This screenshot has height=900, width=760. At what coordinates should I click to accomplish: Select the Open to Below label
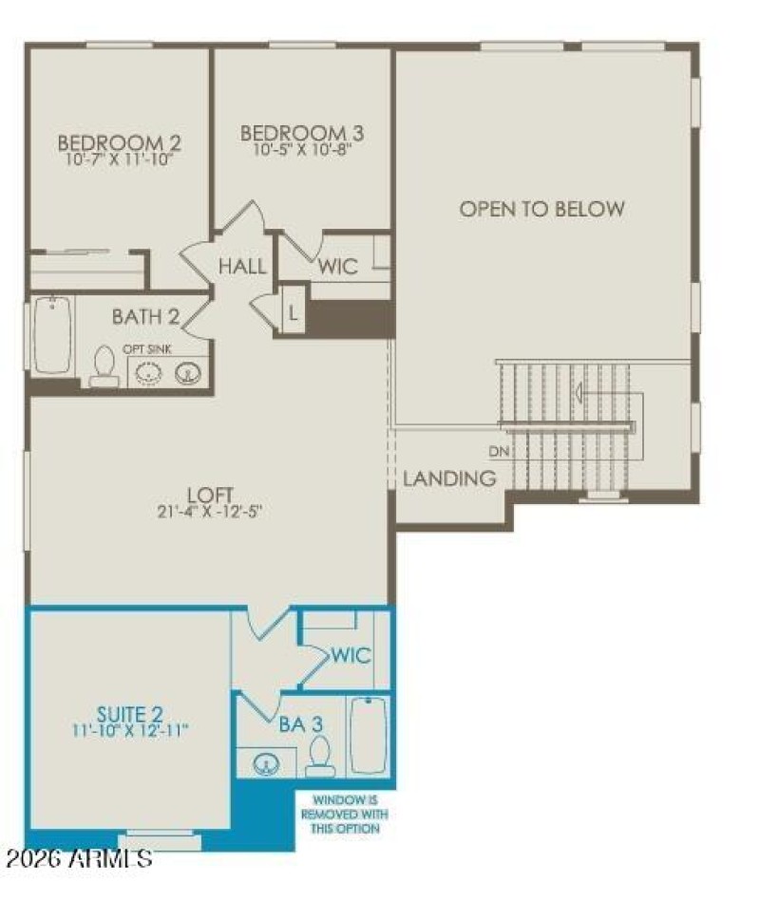tap(542, 209)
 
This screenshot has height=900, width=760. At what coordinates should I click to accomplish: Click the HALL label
tap(242, 267)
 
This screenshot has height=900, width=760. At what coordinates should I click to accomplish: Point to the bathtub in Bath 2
tap(53, 335)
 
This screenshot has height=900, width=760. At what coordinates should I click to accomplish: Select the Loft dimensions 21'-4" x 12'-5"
tap(211, 511)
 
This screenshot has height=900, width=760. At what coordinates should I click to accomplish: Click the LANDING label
tap(449, 478)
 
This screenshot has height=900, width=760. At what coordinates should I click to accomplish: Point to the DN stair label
tap(499, 452)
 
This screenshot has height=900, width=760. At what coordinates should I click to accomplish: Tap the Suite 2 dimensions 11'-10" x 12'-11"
tap(130, 730)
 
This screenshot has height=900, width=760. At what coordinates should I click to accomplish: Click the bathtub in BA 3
tap(368, 737)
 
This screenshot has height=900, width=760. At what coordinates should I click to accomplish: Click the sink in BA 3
tap(263, 762)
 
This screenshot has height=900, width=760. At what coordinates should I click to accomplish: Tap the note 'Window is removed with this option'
tap(344, 815)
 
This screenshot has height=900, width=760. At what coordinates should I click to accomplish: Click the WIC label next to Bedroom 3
tap(338, 266)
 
